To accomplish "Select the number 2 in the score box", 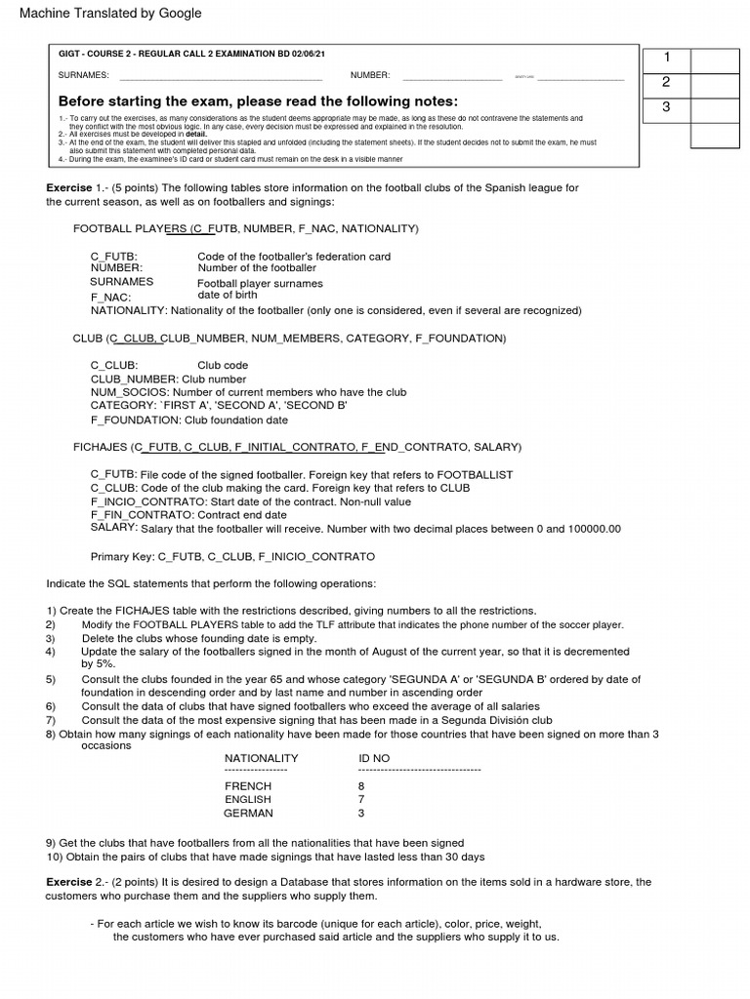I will [665, 82].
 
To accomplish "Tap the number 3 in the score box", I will [665, 106].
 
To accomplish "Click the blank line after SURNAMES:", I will [220, 76].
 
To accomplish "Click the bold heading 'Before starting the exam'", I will [258, 101].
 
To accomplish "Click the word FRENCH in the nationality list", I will [248, 785].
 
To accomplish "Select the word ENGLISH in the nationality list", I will [249, 799].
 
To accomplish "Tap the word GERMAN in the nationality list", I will [248, 813].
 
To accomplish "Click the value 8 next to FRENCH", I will [361, 785].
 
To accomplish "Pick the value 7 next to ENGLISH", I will [361, 799].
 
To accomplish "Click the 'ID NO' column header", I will [374, 758].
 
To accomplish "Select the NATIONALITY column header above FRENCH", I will [262, 758].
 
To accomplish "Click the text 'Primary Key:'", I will [123, 556].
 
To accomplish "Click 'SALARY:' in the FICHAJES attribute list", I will [113, 527].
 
